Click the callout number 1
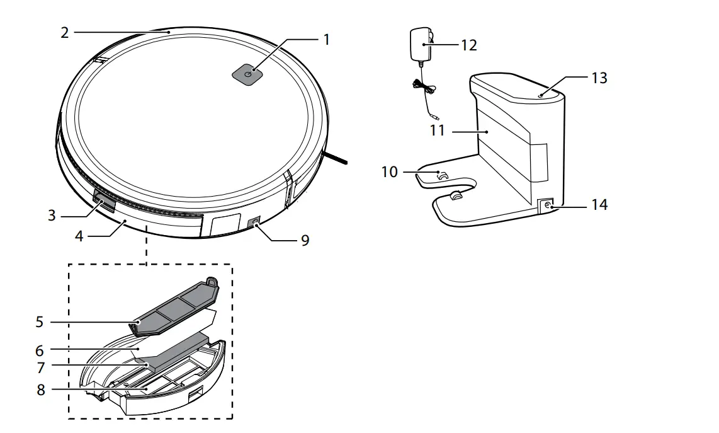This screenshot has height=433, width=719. [326, 40]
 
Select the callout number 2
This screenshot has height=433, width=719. [65, 33]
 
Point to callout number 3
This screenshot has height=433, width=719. [52, 215]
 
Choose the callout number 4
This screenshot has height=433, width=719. [78, 236]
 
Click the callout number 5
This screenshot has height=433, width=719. [40, 322]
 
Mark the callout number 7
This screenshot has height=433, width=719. [40, 367]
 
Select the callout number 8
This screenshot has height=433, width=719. [41, 390]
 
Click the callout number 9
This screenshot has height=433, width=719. [305, 241]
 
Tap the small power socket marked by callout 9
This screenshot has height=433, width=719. [256, 223]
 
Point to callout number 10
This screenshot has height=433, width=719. [390, 171]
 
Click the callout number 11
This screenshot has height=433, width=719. [438, 130]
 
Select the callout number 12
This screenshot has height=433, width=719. [468, 45]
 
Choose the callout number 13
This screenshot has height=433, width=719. [599, 78]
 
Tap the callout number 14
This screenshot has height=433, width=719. [599, 205]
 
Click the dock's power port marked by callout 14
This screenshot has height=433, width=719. [545, 205]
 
